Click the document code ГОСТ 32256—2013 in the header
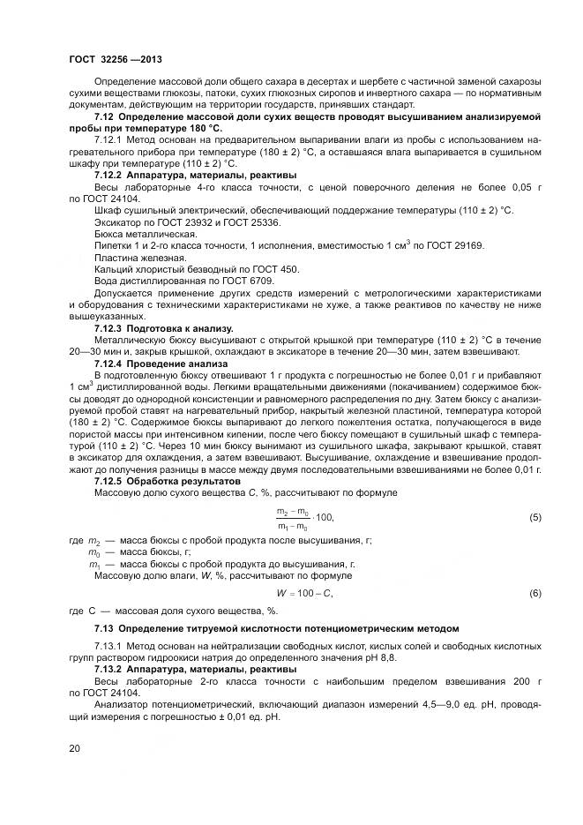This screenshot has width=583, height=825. pyautogui.click(x=114, y=56)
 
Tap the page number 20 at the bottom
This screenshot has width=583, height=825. pyautogui.click(x=75, y=748)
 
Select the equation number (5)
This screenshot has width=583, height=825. pyautogui.click(x=535, y=517)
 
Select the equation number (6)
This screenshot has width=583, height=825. pyautogui.click(x=535, y=594)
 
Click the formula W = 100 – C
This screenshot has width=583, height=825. pyautogui.click(x=304, y=594)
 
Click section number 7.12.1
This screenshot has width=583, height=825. pyautogui.click(x=108, y=140)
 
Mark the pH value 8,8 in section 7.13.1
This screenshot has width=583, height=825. pyautogui.click(x=392, y=657)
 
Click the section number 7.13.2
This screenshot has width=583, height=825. pyautogui.click(x=108, y=669)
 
